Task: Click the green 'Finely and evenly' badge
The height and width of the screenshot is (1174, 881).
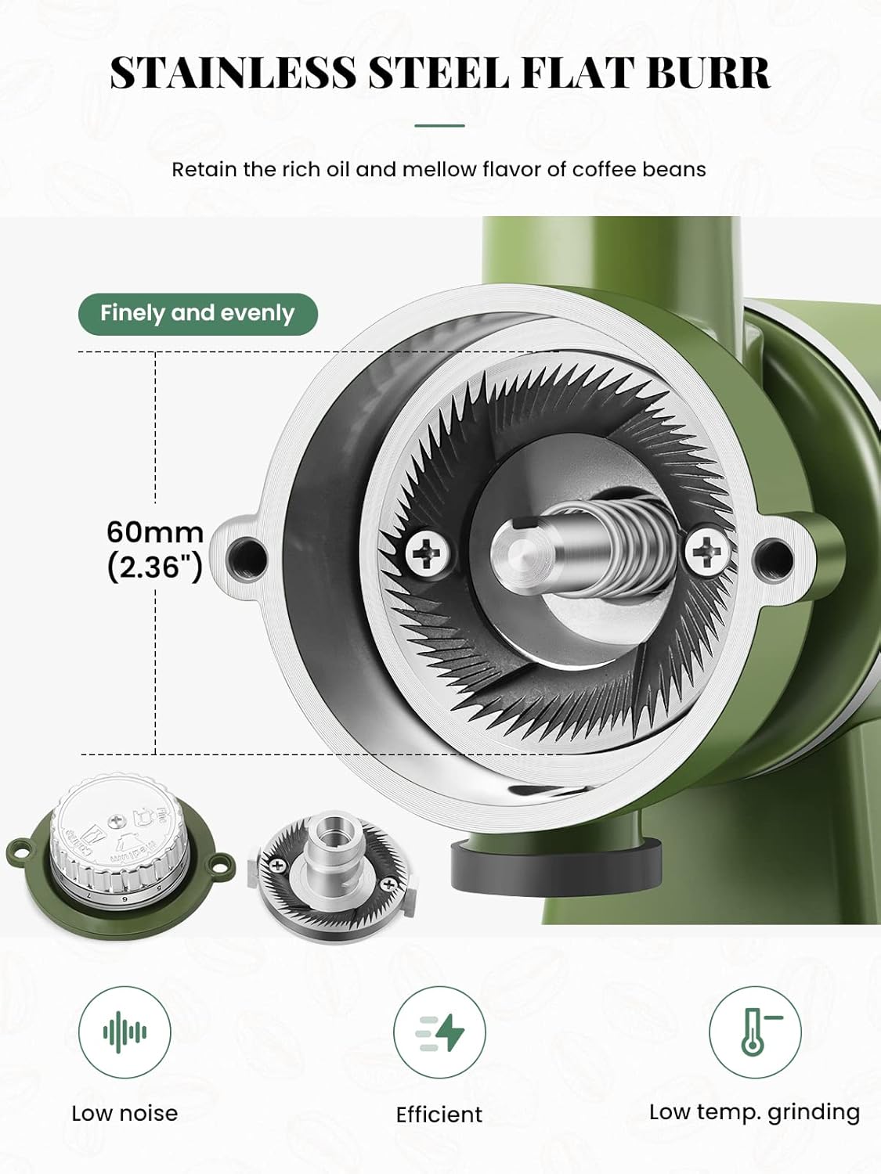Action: (198, 314)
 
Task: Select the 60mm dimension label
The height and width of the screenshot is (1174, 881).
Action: (155, 532)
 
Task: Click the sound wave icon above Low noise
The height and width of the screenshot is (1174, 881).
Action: (125, 1032)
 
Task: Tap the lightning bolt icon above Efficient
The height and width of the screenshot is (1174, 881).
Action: (439, 1032)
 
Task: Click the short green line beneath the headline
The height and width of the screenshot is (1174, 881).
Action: (439, 126)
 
